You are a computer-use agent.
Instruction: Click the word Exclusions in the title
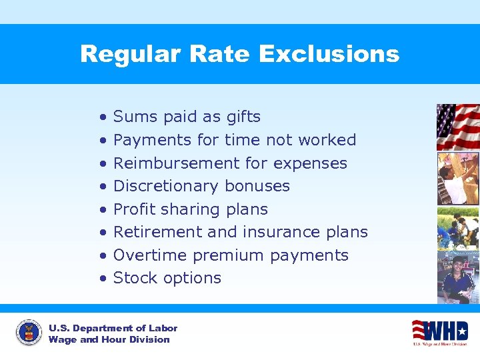pos(329,54)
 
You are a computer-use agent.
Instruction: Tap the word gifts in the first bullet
pos(243,117)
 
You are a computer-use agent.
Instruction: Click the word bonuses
pos(258,186)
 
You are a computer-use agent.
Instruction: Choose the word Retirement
pos(157,232)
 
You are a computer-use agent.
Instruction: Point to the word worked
pos(327,140)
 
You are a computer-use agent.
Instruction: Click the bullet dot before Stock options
pos(103,279)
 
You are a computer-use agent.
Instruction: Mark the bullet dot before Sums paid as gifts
pos(103,117)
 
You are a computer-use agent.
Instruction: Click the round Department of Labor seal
pos(28,333)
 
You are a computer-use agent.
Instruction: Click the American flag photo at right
pos(457,127)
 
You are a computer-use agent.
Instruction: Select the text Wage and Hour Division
pos(109,340)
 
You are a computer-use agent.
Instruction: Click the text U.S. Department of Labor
pos(113,328)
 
